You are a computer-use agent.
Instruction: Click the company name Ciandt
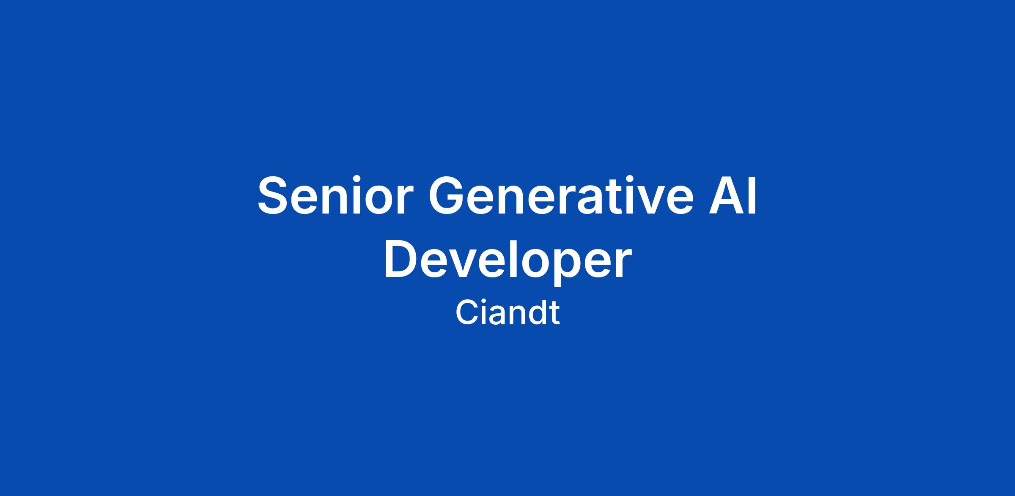pyautogui.click(x=507, y=313)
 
